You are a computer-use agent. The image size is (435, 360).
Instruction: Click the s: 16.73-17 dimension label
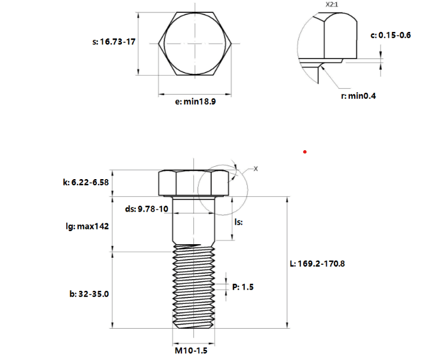113,41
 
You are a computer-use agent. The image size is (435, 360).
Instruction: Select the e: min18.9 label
195,102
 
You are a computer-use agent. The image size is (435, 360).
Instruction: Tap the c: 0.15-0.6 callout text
391,35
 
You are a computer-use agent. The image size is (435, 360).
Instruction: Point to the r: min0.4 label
358,96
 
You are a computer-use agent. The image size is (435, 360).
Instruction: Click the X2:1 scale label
332,5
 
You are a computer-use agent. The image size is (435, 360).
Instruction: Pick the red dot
305,152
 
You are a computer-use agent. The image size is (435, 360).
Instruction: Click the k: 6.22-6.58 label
86,182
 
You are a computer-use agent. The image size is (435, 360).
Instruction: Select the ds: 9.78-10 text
147,209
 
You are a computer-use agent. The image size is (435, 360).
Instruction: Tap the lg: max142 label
87,226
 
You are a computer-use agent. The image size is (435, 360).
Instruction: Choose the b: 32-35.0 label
89,294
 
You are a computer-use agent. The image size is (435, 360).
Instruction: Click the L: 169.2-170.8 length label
317,264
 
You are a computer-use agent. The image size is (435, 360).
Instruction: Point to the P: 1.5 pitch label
243,287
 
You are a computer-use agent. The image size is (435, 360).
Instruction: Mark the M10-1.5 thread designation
191,351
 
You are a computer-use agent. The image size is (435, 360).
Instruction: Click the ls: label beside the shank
239,222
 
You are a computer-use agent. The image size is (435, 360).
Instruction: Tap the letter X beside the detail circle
255,168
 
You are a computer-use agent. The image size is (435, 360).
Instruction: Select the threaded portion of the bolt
194,287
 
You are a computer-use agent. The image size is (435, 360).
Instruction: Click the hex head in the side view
194,183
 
